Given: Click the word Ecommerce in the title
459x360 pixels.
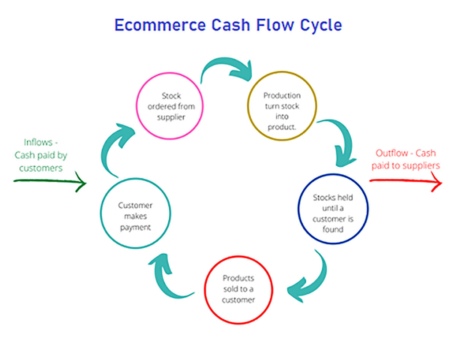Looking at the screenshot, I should [x=160, y=25].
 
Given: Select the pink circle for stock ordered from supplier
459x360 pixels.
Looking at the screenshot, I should [x=170, y=106].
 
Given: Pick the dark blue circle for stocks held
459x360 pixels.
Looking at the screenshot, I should [x=333, y=209].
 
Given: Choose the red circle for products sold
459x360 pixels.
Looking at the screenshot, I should [x=239, y=289].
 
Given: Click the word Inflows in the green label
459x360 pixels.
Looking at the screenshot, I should [x=38, y=142].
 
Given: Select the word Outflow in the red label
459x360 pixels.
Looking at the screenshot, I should [x=394, y=153].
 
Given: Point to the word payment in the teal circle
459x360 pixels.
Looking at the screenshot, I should [x=135, y=228].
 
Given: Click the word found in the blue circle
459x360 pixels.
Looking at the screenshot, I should [x=333, y=229].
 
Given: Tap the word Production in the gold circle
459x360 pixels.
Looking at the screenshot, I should [x=282, y=95].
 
